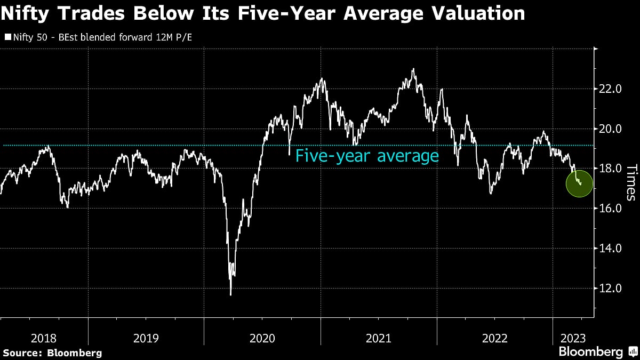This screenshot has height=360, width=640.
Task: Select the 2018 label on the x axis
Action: (44, 338)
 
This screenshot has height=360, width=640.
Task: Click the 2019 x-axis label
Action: (146, 338)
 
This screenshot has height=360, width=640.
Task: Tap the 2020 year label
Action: (262, 338)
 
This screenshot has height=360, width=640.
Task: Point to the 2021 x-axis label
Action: (378, 338)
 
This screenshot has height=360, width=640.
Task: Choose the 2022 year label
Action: (494, 338)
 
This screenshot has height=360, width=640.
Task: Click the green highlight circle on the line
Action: (579, 183)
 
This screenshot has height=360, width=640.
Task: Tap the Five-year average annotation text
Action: (367, 156)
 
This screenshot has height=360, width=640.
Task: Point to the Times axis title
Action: (631, 182)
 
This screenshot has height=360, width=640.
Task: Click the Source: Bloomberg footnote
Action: (52, 353)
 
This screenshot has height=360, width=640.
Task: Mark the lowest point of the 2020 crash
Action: (231, 294)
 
